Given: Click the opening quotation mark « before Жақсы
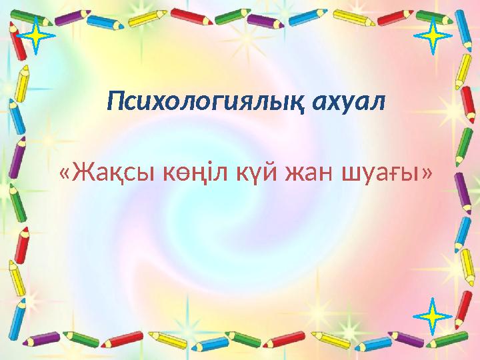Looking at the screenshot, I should coord(65,175).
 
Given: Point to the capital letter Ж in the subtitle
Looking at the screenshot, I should coord(83,175).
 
